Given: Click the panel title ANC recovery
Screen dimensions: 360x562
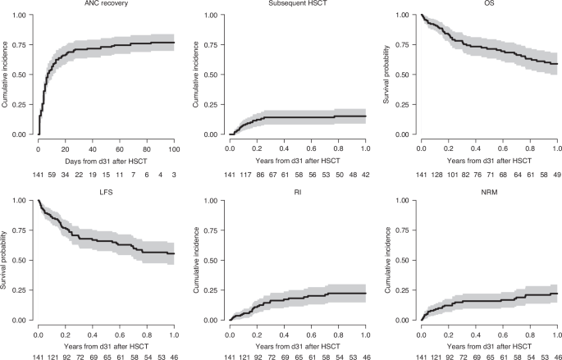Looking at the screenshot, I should click(x=105, y=4).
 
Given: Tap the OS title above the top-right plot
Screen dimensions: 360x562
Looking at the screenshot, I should click(x=488, y=4).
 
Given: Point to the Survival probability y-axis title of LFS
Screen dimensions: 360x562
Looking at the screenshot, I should click(x=7, y=260).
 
